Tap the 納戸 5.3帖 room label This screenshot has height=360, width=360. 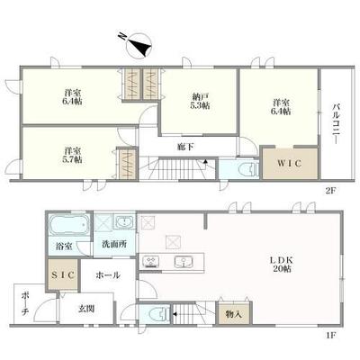point(199,100)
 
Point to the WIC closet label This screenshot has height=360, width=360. point(288,165)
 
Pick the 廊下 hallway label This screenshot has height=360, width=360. point(184,145)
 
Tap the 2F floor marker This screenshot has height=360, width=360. point(329,190)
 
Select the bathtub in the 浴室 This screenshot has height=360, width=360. point(67,225)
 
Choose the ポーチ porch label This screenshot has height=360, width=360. point(26,306)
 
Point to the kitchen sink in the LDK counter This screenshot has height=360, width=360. point(187,263)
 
